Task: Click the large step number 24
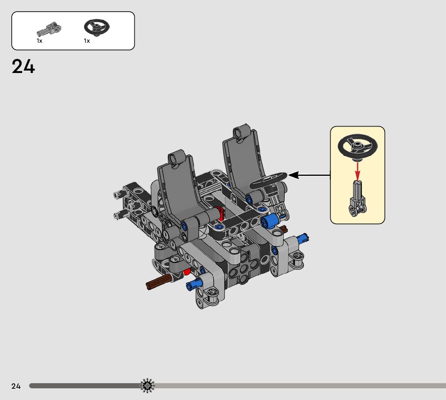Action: [x=23, y=67]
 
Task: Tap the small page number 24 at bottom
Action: [x=16, y=386]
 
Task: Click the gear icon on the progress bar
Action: [x=147, y=386]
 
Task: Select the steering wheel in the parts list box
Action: [x=97, y=27]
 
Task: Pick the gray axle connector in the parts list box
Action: [x=49, y=29]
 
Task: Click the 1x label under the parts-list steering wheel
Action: [x=87, y=41]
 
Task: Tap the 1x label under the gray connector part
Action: [x=40, y=41]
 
